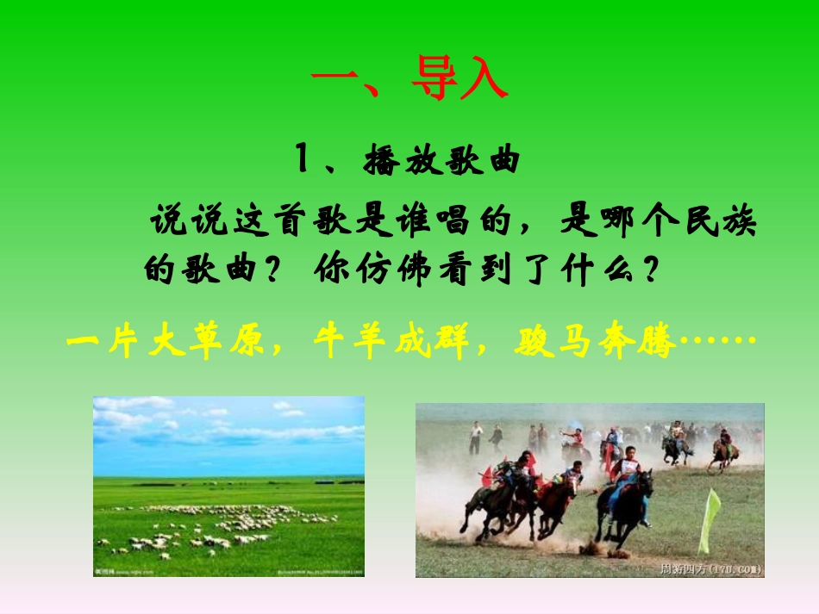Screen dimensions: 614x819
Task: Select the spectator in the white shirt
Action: pyautogui.click(x=476, y=437)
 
